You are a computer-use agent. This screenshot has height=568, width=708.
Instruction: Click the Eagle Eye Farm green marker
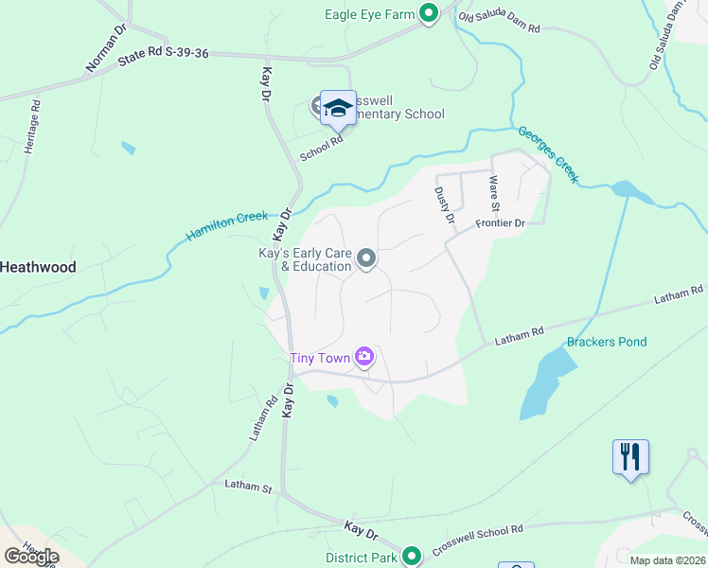428,13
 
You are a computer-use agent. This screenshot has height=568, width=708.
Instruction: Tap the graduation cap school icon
337,109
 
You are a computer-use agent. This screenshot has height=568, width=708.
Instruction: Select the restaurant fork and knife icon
629,457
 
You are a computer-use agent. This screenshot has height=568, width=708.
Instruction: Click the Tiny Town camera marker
364,357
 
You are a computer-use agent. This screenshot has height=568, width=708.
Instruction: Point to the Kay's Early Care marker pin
366,258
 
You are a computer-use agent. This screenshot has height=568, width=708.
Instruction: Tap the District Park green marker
411,557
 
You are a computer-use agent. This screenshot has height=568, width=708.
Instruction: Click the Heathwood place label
38,268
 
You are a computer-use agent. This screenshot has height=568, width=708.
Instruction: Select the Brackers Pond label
607,342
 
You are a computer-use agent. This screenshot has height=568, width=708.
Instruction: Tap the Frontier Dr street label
500,223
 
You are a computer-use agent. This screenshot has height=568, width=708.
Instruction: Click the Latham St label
248,487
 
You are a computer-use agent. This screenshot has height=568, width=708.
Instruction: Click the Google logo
31,556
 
